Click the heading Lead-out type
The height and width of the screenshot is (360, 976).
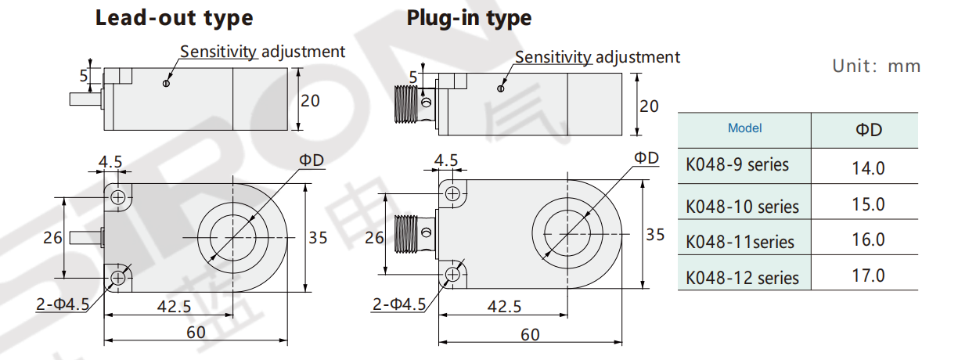tap(174, 18)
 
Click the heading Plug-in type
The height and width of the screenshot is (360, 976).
tap(469, 18)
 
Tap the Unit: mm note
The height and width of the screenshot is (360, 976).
tap(876, 66)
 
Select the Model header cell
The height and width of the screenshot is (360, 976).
tap(744, 128)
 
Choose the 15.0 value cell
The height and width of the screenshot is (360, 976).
tap(868, 204)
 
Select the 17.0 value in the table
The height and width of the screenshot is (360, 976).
tap(868, 275)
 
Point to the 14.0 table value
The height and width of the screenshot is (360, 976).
tap(868, 167)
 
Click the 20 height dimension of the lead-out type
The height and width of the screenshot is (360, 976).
tap(311, 100)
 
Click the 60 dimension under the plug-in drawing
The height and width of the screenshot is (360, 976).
tap(530, 334)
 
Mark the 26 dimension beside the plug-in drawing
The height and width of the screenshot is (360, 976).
tap(374, 237)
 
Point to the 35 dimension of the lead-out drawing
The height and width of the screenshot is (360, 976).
tap(317, 237)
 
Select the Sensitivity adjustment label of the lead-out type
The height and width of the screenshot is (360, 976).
tap(262, 52)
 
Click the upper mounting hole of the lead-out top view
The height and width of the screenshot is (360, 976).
tap(118, 196)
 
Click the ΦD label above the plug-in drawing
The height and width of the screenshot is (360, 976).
tap(646, 157)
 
